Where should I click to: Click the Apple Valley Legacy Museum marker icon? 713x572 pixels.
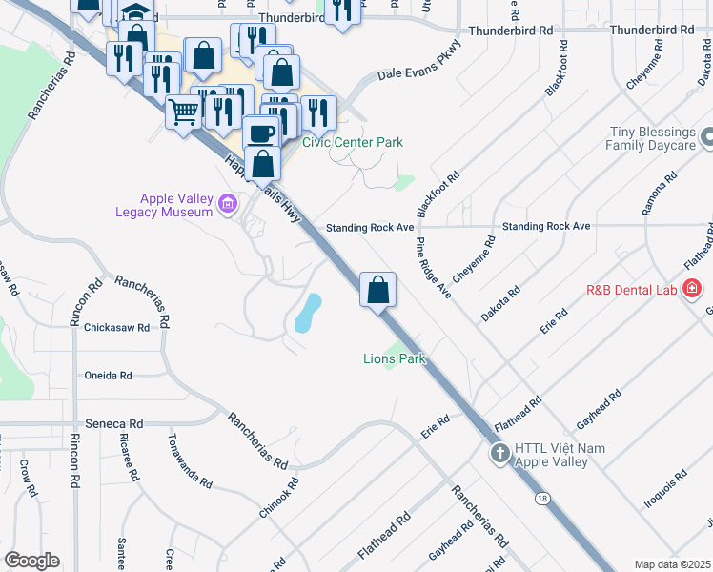coord(227,203)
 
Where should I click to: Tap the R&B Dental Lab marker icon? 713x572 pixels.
coord(693,287)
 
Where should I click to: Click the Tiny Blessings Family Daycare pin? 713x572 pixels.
coord(706,139)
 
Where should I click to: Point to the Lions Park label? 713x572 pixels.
coord(394,359)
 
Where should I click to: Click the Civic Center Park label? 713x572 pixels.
coord(353,142)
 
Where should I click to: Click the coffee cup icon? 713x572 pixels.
coord(260,132)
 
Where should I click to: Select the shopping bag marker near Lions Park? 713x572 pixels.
coord(378,288)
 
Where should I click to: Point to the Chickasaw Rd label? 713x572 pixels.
coord(117,327)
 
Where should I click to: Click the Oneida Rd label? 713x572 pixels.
coord(107,376)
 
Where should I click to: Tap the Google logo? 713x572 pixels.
coord(31,561)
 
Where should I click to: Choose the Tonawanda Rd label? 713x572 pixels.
coord(189,460)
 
